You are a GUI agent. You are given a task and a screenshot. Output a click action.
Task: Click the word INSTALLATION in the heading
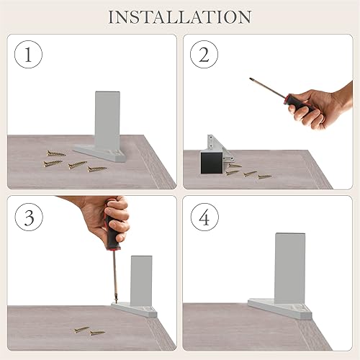click(180, 17)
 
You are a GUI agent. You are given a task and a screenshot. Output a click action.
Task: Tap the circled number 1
click(28, 55)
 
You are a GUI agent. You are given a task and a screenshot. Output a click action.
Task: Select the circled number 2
click(204, 55)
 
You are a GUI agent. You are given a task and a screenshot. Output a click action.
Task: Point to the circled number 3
click(29, 217)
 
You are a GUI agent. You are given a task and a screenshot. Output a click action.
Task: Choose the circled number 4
click(204, 217)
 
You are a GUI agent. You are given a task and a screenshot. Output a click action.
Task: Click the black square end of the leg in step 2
click(212, 163)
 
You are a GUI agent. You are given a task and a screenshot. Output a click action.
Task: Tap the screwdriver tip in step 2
click(251, 79)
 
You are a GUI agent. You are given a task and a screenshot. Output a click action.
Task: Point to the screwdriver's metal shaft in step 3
click(114, 276)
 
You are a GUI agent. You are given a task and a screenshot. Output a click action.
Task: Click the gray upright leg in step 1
click(107, 120)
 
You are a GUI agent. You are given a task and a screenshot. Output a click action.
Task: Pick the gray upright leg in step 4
click(290, 269)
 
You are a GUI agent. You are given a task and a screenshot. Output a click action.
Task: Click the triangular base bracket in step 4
click(279, 310)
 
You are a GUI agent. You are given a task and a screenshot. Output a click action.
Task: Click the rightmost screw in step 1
click(96, 169)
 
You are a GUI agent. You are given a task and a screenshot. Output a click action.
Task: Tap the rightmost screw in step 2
click(265, 177)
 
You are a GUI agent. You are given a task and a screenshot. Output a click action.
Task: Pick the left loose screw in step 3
click(81, 330)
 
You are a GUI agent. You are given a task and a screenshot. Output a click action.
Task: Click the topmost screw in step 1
click(56, 153)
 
